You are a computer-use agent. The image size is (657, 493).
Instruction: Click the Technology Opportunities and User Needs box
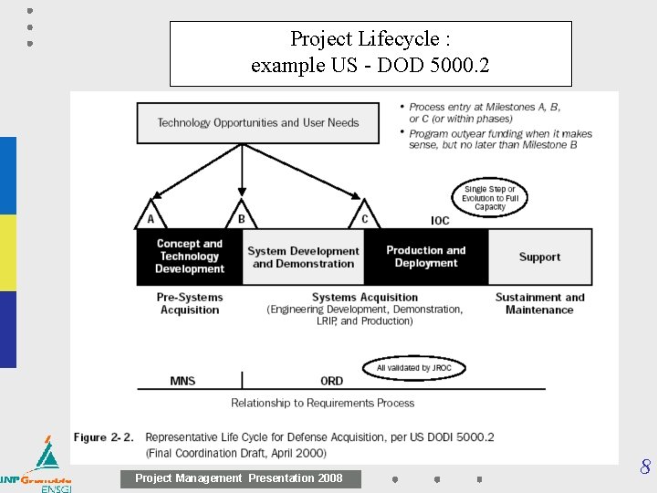tap(257, 122)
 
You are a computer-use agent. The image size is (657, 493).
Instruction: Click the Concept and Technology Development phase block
tap(189, 257)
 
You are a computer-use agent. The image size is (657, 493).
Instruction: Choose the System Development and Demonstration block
tap(303, 257)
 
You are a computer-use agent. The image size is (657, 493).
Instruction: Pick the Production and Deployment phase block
tap(425, 257)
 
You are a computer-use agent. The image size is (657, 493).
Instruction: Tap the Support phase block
tap(539, 257)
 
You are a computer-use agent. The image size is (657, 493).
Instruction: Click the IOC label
tap(440, 220)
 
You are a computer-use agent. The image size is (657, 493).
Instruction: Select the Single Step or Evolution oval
tap(490, 198)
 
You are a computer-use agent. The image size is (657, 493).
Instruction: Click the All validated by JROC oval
tap(415, 368)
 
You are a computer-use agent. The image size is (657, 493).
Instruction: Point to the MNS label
tap(182, 381)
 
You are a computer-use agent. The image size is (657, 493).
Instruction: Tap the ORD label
tap(332, 381)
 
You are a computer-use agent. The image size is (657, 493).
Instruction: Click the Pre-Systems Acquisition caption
tap(190, 303)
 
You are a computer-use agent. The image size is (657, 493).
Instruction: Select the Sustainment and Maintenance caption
tap(539, 303)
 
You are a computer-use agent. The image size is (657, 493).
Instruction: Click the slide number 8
tap(645, 468)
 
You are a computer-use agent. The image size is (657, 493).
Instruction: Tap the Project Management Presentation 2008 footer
tap(239, 478)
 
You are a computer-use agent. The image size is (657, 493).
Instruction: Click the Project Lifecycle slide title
tap(370, 53)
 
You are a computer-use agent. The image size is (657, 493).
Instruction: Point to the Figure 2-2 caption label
tap(104, 437)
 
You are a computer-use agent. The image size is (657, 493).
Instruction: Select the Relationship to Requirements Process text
tap(322, 403)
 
